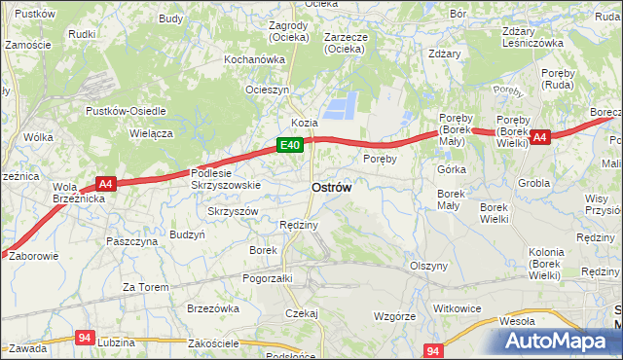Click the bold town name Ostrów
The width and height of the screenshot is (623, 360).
pyautogui.click(x=332, y=186)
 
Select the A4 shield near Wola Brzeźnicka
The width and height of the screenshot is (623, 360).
pyautogui.click(x=106, y=182)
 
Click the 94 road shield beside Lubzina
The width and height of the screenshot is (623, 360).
pyautogui.click(x=85, y=338)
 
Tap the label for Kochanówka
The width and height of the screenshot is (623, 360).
pyautogui.click(x=254, y=59)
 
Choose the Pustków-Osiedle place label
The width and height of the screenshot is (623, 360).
pyautogui.click(x=126, y=111)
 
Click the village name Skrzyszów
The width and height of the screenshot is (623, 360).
pyautogui.click(x=233, y=211)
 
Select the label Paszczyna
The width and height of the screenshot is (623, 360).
pyautogui.click(x=132, y=241)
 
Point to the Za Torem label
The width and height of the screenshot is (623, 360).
pyautogui.click(x=145, y=287)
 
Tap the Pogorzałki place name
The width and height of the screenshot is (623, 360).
pyautogui.click(x=268, y=277)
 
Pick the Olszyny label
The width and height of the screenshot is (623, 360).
pyautogui.click(x=428, y=266)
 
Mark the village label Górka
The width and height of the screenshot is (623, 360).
pyautogui.click(x=452, y=169)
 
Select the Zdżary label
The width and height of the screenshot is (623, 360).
pyautogui.click(x=443, y=54)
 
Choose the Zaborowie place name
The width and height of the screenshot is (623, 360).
pyautogui.click(x=33, y=257)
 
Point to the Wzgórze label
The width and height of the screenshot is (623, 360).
pyautogui.click(x=395, y=316)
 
